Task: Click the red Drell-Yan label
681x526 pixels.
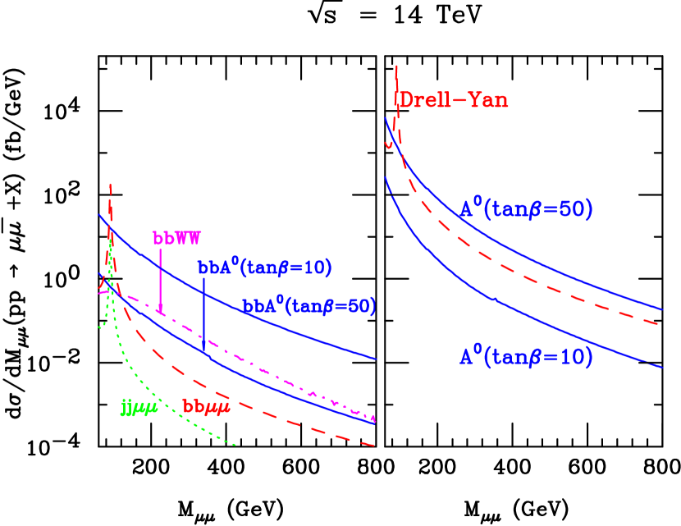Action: click(453, 100)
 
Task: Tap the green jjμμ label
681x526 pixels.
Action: click(139, 407)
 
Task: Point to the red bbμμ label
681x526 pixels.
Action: click(206, 407)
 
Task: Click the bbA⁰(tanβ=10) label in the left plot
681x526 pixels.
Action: click(264, 268)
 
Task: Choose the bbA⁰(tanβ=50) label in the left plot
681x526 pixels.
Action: click(309, 306)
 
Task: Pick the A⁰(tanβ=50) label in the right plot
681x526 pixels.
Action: click(525, 209)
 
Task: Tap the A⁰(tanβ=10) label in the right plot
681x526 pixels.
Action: click(525, 357)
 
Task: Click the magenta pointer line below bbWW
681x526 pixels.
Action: click(160, 279)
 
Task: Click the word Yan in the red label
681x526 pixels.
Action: click(489, 100)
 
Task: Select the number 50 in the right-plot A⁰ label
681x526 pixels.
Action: click(572, 209)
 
